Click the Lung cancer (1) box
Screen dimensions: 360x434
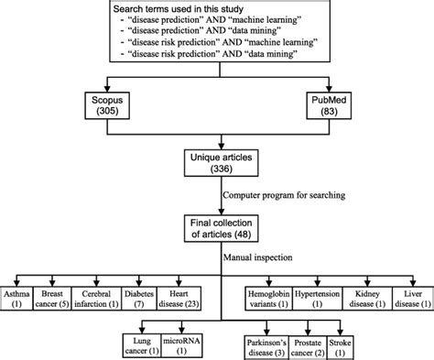pos(140,344)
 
